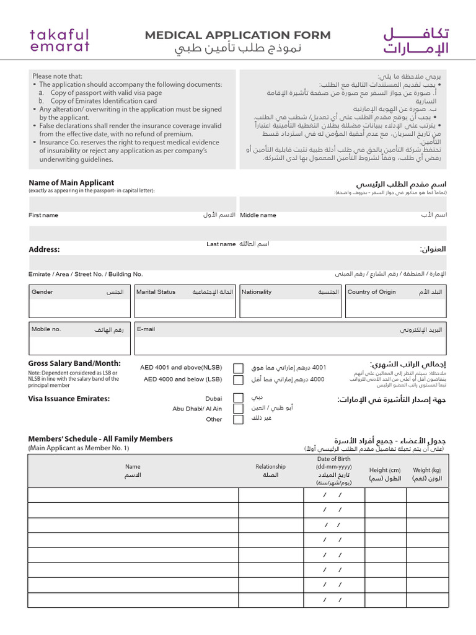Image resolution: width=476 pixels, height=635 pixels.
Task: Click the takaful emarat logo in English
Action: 59,40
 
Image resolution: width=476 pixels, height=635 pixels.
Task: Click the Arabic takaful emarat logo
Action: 415,41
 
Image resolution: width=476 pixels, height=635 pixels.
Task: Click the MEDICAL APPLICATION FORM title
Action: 238,35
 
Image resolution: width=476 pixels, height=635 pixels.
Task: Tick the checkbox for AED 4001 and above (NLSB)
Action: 238,368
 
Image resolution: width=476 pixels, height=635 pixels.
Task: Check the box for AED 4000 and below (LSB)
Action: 238,380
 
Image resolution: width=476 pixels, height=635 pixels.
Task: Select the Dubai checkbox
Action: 238,398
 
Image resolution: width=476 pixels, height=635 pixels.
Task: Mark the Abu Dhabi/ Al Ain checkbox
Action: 238,409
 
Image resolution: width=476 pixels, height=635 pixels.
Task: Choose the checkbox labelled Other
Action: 238,420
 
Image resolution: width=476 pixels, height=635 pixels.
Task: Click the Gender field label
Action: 42,292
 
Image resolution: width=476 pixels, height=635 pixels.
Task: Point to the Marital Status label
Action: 156,292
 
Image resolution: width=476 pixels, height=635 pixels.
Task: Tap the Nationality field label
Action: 257,292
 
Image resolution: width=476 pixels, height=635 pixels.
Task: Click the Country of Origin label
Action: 372,292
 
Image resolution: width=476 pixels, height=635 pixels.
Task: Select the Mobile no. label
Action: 46,329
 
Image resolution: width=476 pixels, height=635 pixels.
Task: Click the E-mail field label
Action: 146,329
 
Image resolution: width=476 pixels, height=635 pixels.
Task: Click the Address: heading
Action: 45,249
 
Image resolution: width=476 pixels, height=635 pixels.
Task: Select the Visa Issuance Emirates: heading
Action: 69,399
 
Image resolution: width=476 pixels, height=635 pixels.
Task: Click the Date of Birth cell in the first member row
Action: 333,495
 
